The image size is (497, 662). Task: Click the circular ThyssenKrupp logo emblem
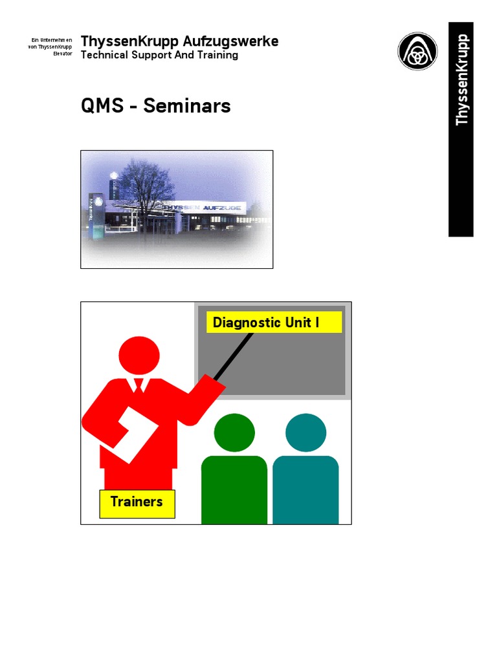click(x=417, y=52)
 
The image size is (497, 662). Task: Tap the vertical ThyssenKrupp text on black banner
click(x=461, y=80)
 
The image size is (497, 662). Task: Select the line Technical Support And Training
click(x=159, y=56)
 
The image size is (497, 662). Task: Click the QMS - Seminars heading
click(x=155, y=105)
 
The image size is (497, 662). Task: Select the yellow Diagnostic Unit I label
click(x=274, y=322)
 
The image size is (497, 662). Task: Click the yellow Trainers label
click(x=137, y=502)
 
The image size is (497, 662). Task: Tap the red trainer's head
click(x=139, y=356)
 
